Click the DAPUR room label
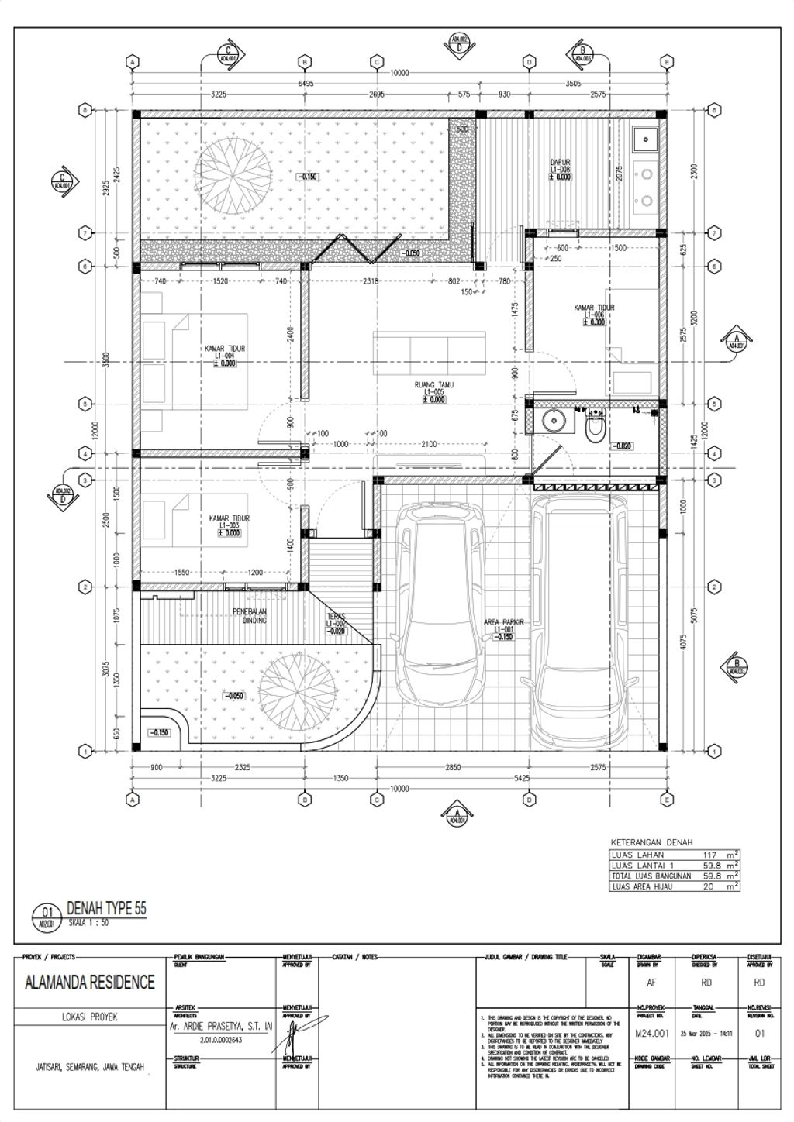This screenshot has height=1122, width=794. tap(560, 163)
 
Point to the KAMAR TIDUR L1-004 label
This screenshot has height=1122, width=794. tap(225, 349)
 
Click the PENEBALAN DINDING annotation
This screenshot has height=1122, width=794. tap(250, 616)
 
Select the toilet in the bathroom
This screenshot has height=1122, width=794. tap(594, 427)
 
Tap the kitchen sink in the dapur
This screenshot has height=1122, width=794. tap(645, 139)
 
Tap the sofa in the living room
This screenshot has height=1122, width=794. tap(429, 353)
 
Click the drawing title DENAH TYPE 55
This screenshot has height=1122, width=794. tap(106, 908)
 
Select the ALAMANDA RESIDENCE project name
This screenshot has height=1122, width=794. tap(90, 983)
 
